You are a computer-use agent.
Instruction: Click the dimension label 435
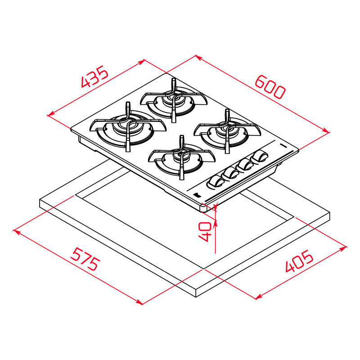pyautogui.click(x=95, y=77)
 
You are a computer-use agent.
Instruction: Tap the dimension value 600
pyautogui.click(x=270, y=86)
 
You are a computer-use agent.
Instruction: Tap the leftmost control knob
pyautogui.click(x=215, y=182)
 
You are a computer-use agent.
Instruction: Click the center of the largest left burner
pyautogui.click(x=127, y=126)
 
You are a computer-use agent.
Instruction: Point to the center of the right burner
pyautogui.click(x=227, y=130)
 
